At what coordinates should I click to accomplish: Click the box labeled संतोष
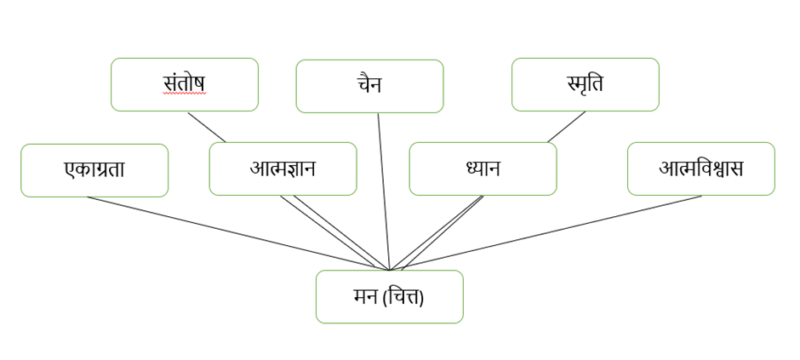[185, 84]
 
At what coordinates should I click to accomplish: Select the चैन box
[369, 86]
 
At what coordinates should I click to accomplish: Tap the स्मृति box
[585, 84]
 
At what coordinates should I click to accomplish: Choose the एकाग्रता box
[94, 170]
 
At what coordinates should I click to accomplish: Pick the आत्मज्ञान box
[283, 169]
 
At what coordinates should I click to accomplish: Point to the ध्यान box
[483, 169]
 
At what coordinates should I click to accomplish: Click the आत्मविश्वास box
[700, 169]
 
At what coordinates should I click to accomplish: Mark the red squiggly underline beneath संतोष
[185, 94]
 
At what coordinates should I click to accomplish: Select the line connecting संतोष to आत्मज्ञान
[207, 127]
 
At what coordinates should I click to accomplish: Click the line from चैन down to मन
[384, 191]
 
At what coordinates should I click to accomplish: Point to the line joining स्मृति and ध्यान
[566, 127]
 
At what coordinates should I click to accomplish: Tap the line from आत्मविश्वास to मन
[553, 232]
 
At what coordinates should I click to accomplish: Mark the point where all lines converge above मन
[390, 270]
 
